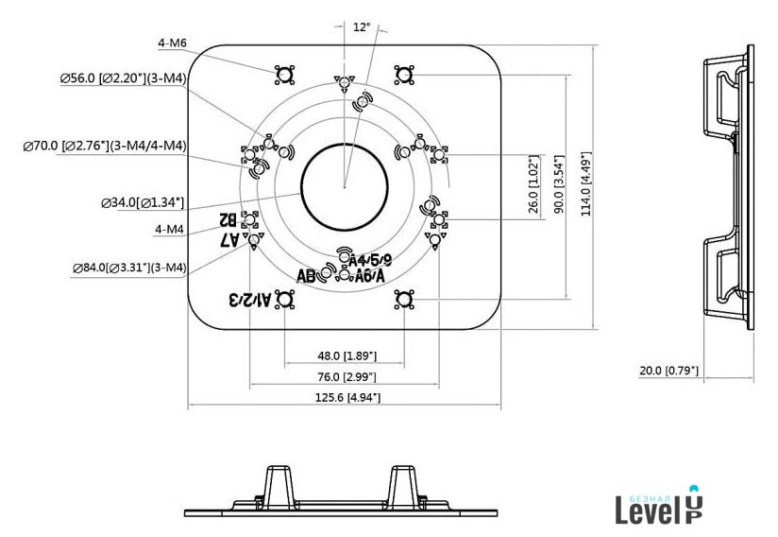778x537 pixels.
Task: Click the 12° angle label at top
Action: [361, 27]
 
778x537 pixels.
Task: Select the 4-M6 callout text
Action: [173, 43]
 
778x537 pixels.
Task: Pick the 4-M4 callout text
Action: [169, 228]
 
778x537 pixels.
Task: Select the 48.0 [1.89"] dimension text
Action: [347, 355]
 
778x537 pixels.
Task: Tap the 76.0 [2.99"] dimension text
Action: [347, 377]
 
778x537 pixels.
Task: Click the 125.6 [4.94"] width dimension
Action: [347, 398]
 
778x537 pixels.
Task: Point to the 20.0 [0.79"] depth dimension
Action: [668, 370]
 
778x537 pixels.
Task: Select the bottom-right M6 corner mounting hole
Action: [404, 300]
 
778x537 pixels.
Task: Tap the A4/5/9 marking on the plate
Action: [369, 259]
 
